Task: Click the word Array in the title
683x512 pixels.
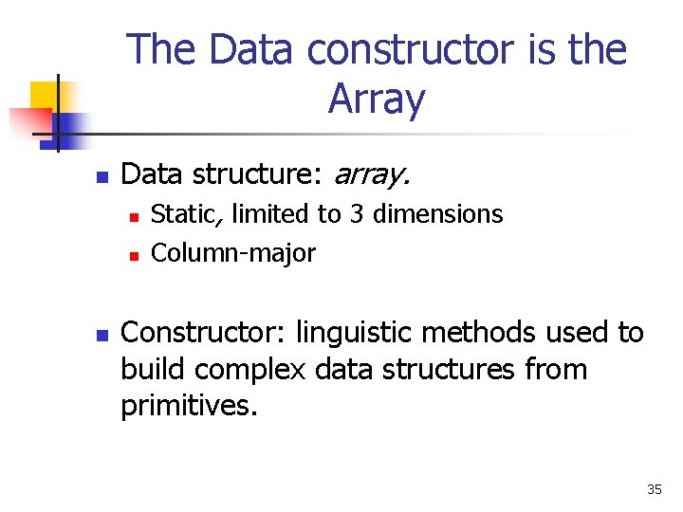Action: point(377,100)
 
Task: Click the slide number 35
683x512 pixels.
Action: point(655,489)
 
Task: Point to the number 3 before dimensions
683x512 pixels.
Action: point(357,214)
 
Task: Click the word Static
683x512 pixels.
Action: point(187,214)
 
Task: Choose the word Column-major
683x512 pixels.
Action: point(233,253)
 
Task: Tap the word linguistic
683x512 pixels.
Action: point(353,334)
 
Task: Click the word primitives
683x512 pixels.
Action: point(189,406)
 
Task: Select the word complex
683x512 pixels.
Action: point(249,370)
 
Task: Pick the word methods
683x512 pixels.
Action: point(478,332)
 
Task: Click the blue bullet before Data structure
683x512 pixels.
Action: point(102,176)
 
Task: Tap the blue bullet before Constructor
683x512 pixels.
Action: point(102,336)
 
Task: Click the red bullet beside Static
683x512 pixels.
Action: point(134,217)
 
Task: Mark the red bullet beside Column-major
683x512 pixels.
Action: point(134,256)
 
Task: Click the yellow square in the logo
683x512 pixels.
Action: point(45,97)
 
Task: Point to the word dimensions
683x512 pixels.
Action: point(437,213)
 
